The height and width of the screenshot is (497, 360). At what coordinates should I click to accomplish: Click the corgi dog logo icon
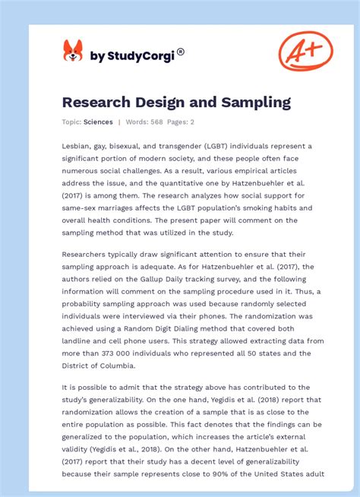point(72,51)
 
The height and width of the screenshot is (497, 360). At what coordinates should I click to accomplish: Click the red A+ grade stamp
point(305,51)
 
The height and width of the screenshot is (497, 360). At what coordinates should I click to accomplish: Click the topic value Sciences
point(99,122)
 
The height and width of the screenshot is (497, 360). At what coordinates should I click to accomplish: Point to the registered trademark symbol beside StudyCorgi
point(181,52)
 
